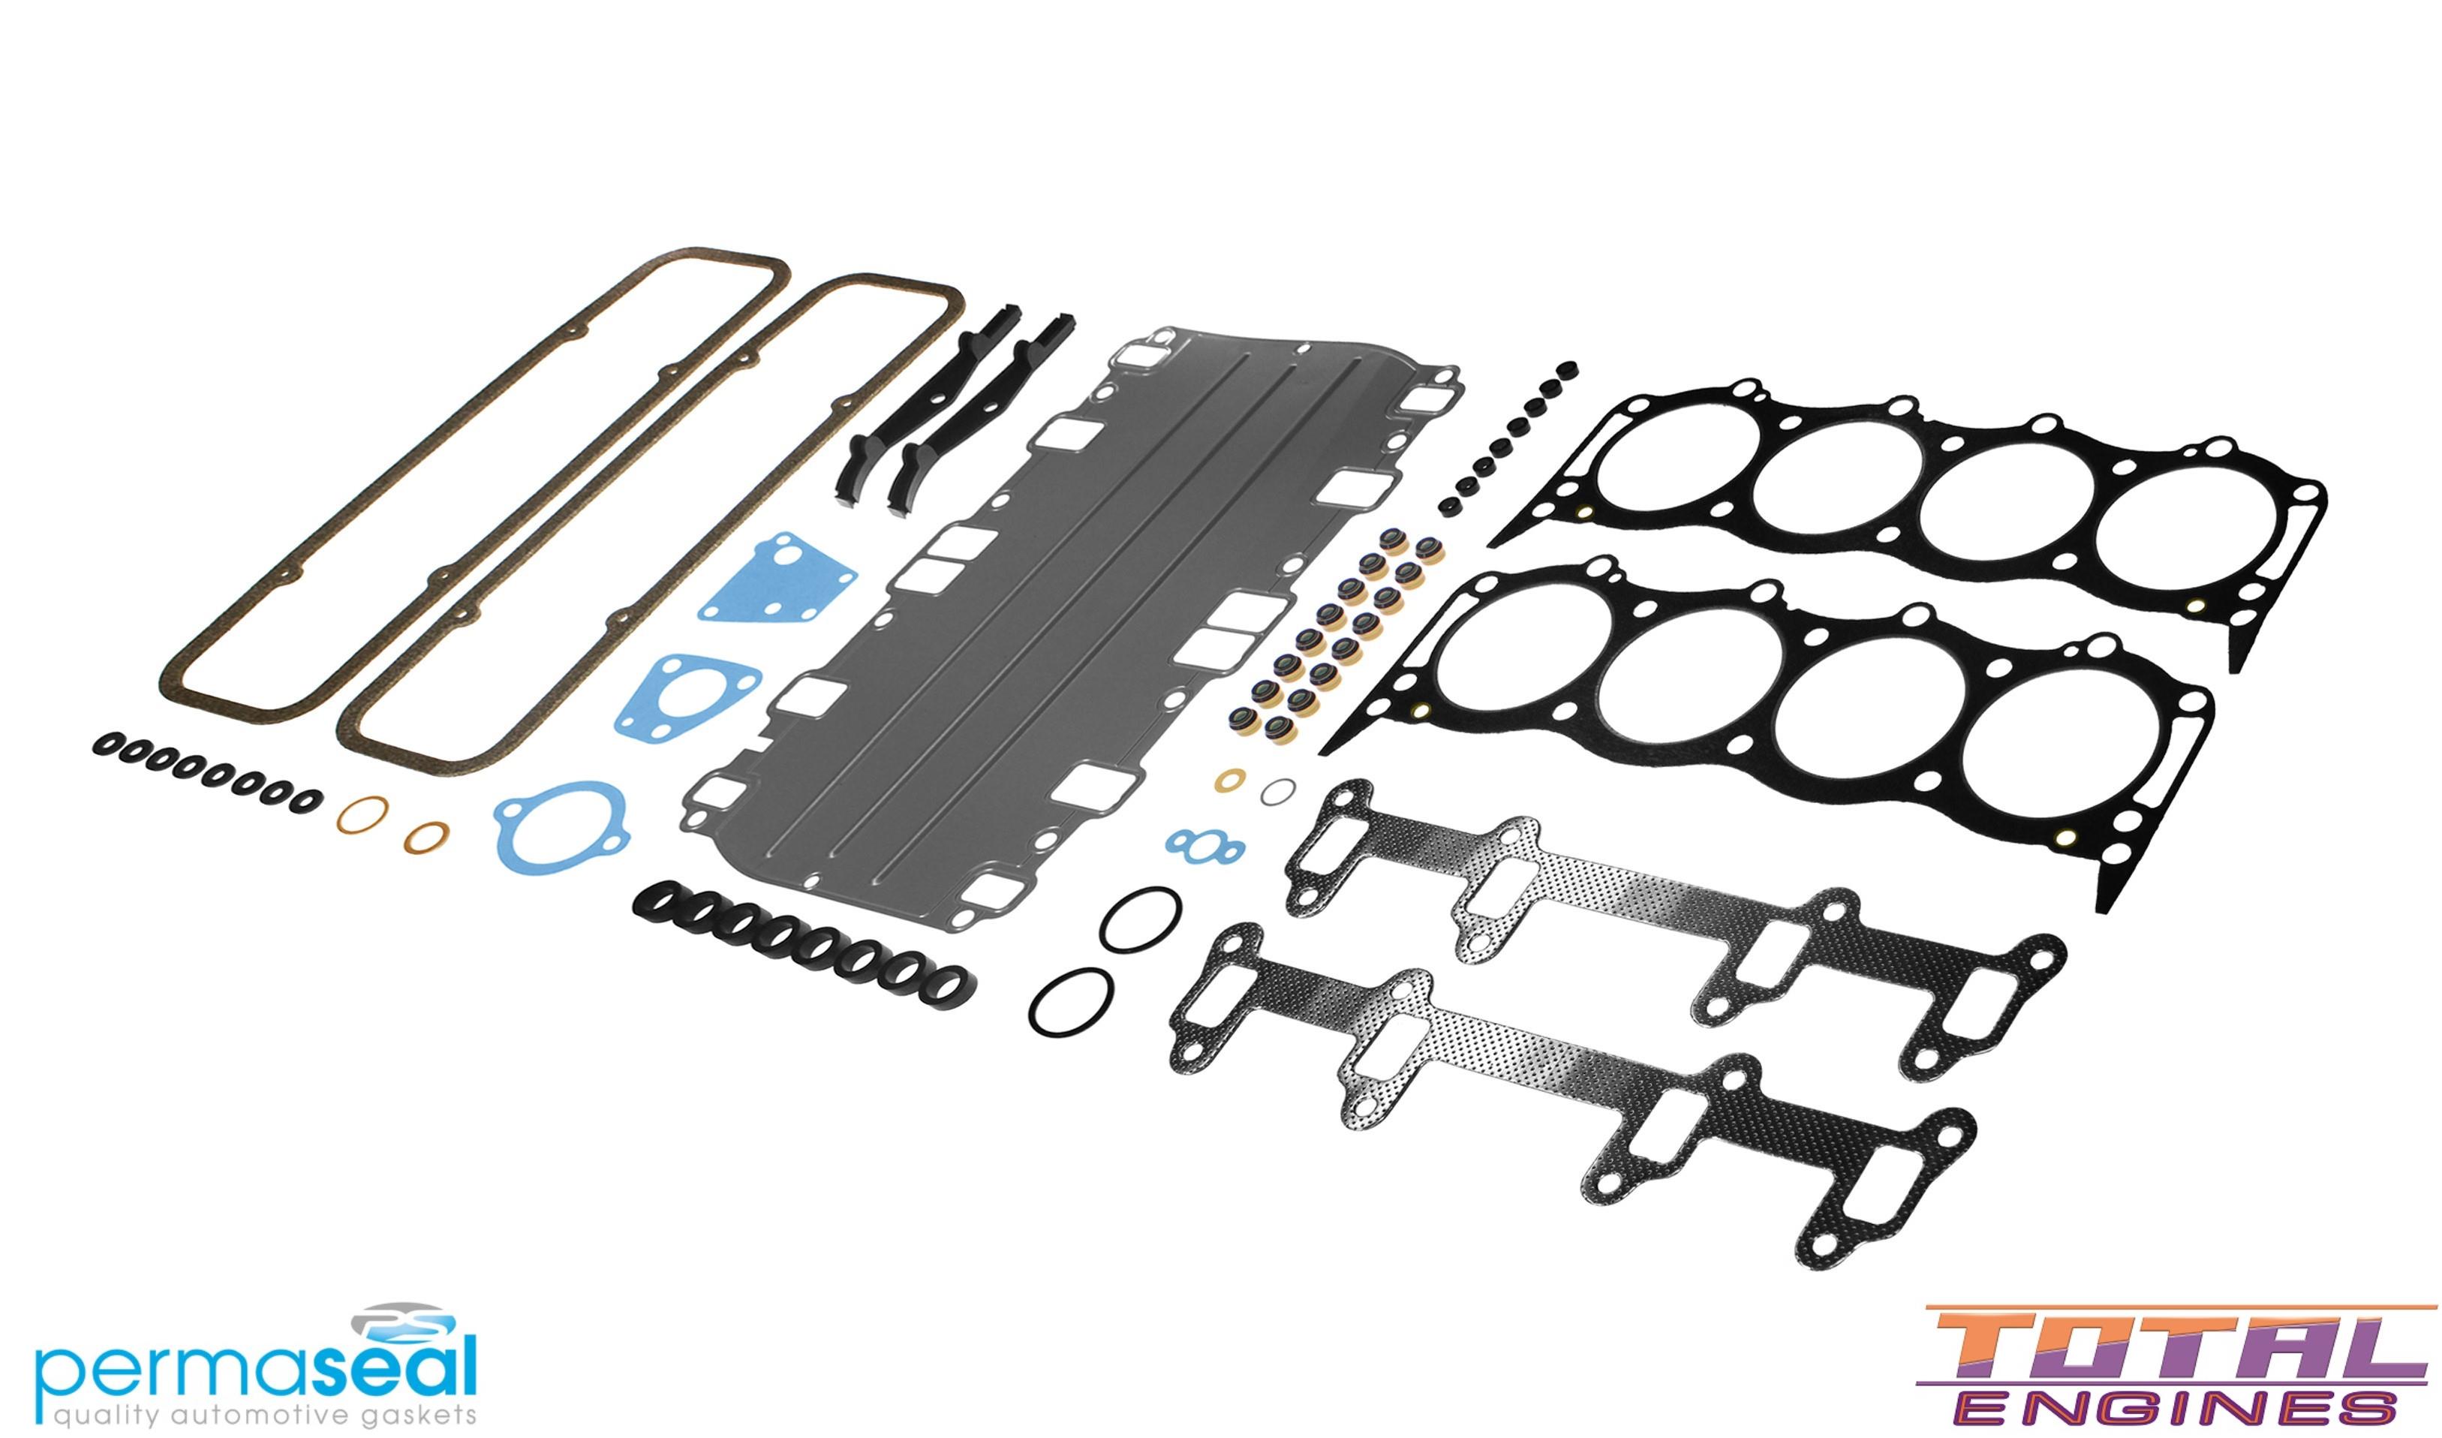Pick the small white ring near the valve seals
point(1279,792)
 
